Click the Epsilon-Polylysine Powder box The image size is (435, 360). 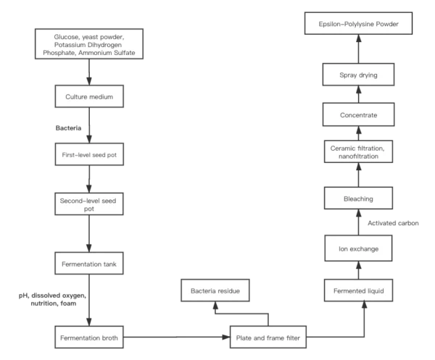[358, 23]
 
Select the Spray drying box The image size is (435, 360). [358, 75]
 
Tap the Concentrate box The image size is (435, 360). [358, 114]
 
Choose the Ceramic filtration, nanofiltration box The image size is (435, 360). [358, 151]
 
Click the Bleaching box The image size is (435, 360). [358, 198]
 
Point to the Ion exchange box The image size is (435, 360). [358, 248]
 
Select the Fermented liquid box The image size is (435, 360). [358, 290]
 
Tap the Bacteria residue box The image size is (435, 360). [215, 290]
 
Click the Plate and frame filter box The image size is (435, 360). [268, 338]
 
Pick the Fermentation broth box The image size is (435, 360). [89, 338]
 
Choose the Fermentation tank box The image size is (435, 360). [89, 263]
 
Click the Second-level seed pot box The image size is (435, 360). [89, 204]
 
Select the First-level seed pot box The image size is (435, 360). [89, 154]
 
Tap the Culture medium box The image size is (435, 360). [89, 96]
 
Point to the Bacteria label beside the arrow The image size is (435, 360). [68, 128]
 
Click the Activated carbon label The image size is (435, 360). [393, 223]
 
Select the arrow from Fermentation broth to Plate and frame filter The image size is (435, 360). [177, 337]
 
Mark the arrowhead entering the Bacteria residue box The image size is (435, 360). [215, 306]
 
